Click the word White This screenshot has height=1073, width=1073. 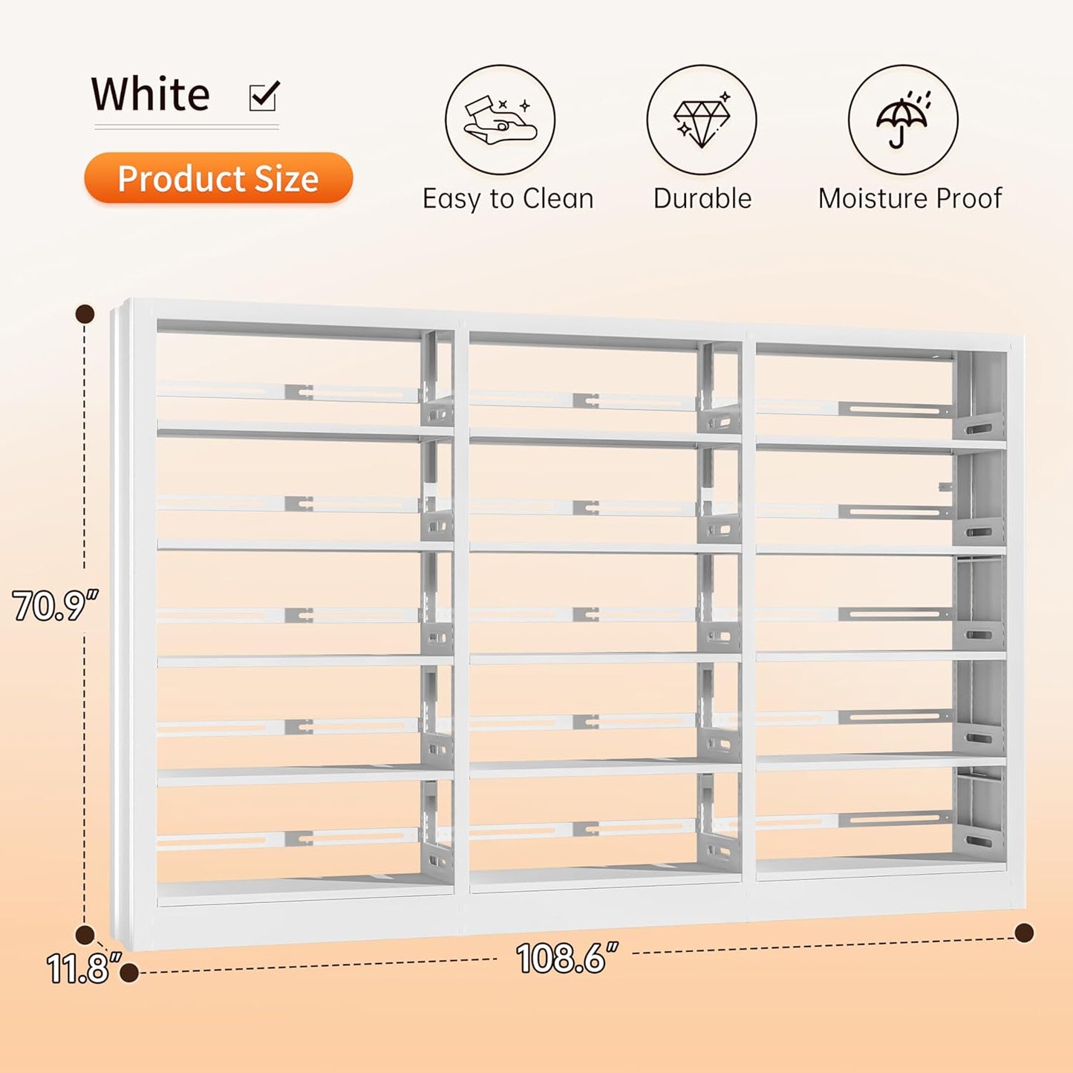151,94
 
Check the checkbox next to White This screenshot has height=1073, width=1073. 264,96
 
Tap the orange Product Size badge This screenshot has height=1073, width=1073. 218,178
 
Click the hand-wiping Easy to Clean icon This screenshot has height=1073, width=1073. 500,120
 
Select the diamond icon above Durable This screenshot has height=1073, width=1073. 701,120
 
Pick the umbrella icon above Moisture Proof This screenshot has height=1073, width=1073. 903,120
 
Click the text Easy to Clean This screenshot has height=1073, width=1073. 508,199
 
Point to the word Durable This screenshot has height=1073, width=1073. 702,199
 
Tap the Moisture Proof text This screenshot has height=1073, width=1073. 910,199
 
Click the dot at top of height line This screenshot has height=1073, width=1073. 85,313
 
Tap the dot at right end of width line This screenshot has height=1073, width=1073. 1024,933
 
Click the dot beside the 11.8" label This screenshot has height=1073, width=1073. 129,972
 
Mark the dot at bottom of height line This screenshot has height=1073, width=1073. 85,935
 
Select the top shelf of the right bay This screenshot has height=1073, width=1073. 881,445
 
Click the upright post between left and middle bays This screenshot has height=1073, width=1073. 461,609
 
